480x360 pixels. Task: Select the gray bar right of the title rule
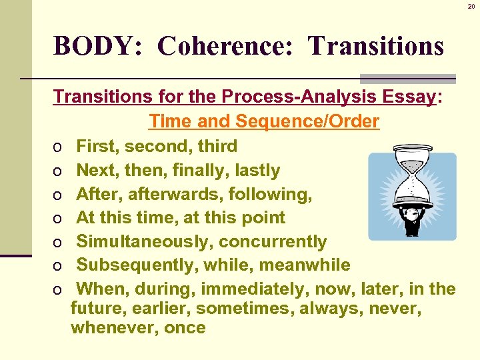tap(407, 78)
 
